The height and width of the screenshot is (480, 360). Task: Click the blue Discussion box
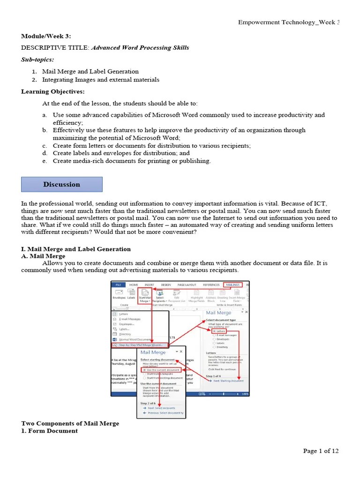click(61, 184)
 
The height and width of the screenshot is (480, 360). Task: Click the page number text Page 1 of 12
click(321, 451)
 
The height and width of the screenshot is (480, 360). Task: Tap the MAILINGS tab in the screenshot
click(232, 285)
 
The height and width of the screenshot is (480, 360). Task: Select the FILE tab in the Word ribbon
click(118, 285)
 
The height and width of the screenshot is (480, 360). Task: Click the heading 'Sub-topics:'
click(37, 60)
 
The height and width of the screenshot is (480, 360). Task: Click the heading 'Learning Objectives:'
click(53, 91)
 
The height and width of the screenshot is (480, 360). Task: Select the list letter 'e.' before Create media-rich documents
click(45, 161)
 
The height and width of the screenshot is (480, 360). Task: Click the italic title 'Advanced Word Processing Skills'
click(140, 48)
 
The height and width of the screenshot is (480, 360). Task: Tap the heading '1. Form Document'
click(49, 431)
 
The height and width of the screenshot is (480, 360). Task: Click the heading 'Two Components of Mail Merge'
click(70, 423)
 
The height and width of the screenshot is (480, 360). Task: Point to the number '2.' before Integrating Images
click(35, 80)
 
